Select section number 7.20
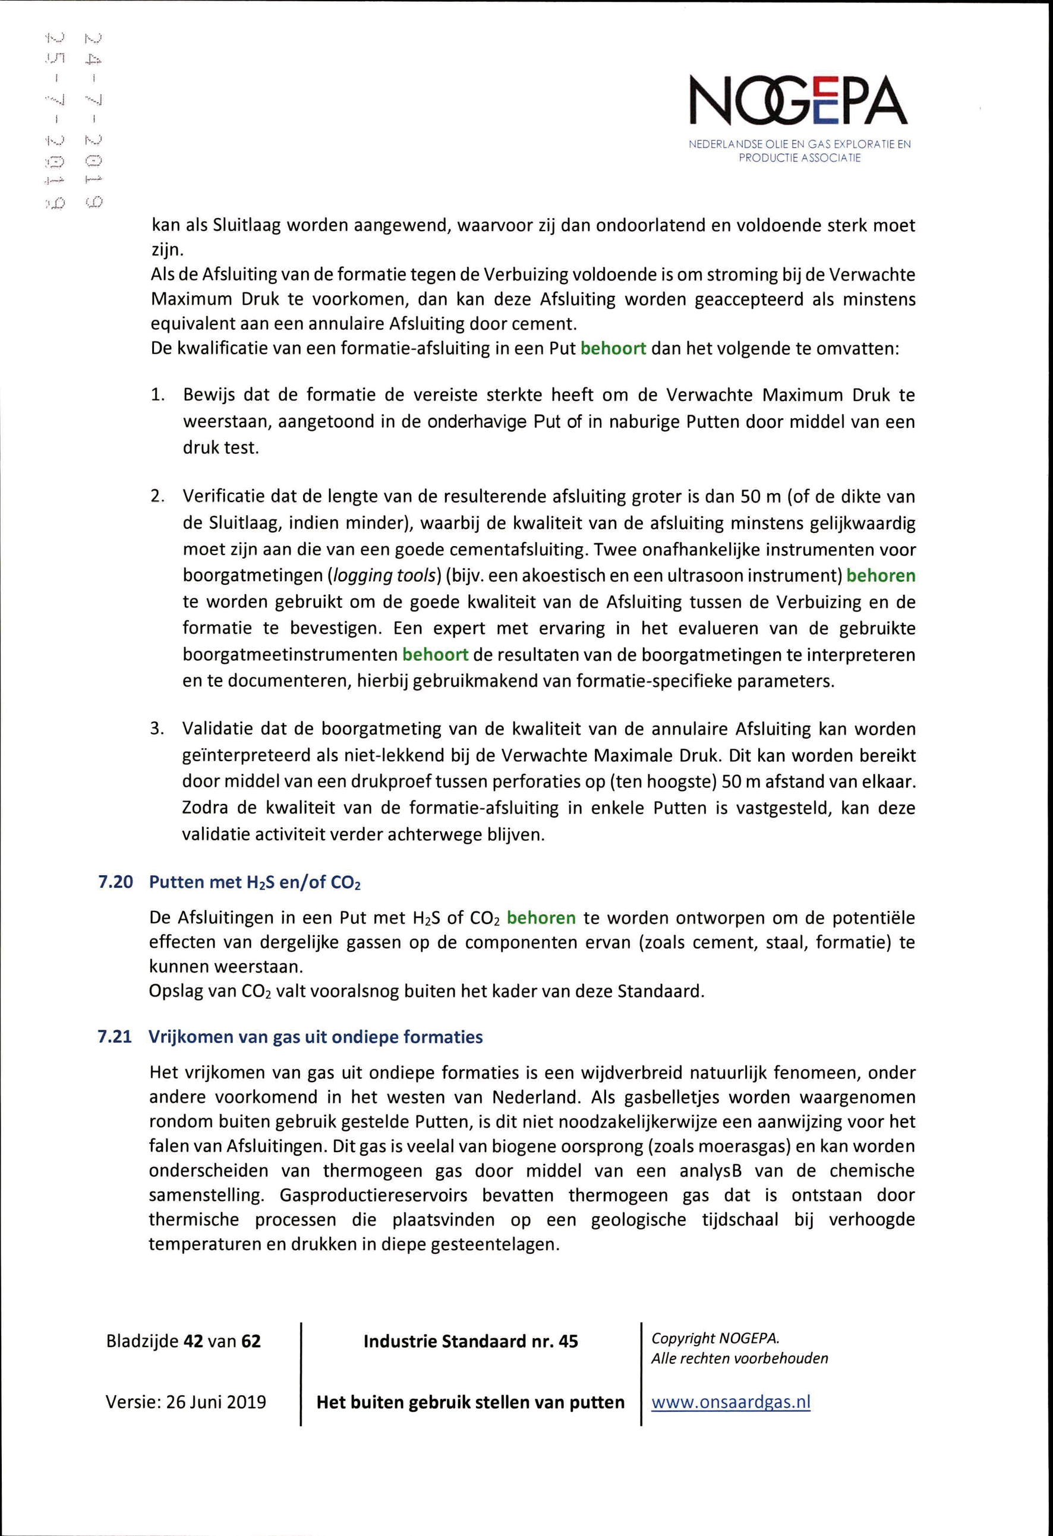(116, 882)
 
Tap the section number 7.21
(116, 1036)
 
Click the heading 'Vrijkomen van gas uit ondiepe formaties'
(316, 1036)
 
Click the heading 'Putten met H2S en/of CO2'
(255, 882)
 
